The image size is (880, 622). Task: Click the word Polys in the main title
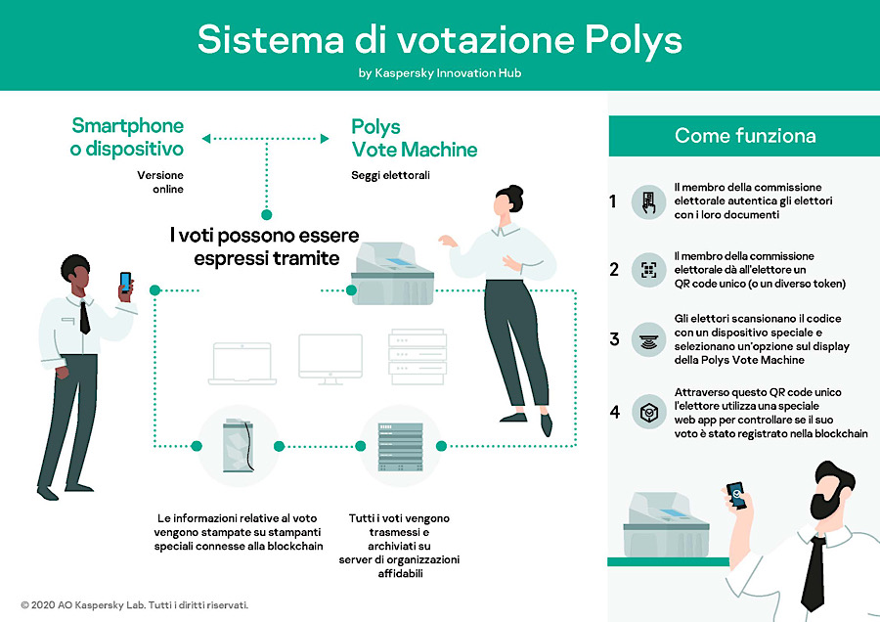(633, 41)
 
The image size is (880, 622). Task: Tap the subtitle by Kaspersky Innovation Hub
(440, 73)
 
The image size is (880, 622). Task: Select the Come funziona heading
(745, 135)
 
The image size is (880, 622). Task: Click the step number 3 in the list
(615, 339)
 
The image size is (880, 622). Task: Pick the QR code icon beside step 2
(649, 270)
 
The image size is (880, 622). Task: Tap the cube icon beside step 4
(649, 412)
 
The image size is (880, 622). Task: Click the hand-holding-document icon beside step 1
(649, 202)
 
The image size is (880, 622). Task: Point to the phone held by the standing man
(125, 282)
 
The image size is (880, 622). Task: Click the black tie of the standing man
(84, 317)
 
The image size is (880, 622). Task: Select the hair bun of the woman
(515, 193)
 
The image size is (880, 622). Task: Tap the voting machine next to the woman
(392, 274)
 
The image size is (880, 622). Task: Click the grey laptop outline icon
(242, 363)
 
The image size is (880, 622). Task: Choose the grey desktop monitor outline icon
(330, 359)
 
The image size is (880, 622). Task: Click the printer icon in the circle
(239, 445)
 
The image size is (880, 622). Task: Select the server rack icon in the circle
(400, 447)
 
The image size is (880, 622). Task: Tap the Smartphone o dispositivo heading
(127, 138)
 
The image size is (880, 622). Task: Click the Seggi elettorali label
(390, 175)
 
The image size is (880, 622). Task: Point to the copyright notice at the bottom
(135, 605)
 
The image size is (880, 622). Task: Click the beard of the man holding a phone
(828, 500)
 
